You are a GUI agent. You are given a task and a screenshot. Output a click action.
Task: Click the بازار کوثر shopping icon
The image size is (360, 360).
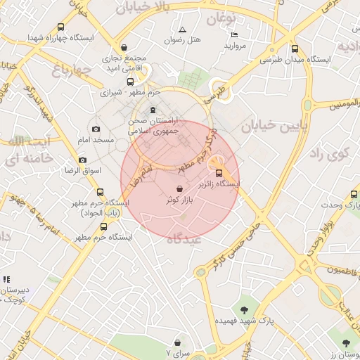point(181,188)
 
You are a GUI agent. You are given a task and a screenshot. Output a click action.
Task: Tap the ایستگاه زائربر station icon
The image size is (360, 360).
point(218,173)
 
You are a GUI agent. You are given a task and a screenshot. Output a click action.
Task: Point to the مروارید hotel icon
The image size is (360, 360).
point(234,34)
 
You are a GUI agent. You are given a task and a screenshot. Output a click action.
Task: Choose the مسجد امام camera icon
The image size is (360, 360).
point(96,129)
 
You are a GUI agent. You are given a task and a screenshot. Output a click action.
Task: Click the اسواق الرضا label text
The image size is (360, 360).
point(83,171)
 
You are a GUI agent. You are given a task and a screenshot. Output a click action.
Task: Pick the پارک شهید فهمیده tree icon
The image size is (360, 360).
point(244,309)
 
